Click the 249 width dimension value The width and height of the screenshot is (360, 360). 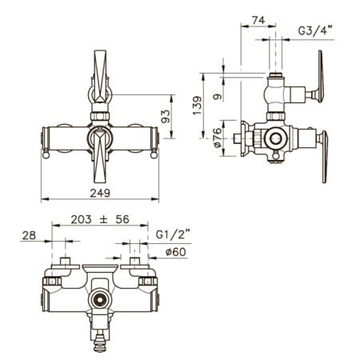coord(100,193)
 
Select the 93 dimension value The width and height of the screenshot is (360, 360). coord(166,116)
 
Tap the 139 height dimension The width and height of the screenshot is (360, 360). coord(198,106)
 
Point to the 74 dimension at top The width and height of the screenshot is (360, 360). coord(258,20)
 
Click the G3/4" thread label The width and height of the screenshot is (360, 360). coord(316,30)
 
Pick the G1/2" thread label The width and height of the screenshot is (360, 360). coord(173,234)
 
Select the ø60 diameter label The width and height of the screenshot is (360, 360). coord(175,252)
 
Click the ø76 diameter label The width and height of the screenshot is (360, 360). coord(218,138)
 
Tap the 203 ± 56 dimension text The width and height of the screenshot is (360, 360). coord(100,219)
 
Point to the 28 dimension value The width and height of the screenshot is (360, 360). coord(29,235)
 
